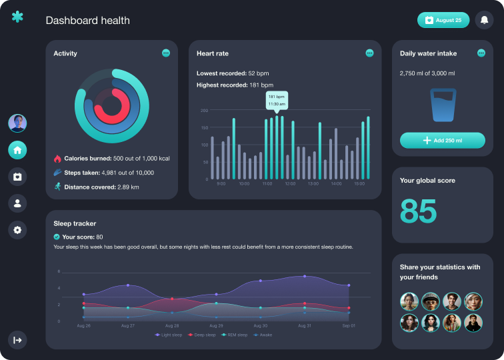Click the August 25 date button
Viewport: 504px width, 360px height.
pos(443,20)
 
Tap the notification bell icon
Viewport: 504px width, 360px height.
pos(485,20)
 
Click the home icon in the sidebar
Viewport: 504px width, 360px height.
pos(17,150)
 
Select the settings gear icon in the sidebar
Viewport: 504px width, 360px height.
pos(17,230)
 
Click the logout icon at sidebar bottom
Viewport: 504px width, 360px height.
pos(17,340)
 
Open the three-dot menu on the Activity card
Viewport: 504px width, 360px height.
pos(166,53)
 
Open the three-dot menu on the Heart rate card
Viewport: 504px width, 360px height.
pos(369,53)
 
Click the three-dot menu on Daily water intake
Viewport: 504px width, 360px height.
pos(481,53)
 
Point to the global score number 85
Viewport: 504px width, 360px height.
pos(418,211)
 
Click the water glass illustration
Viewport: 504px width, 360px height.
pos(443,105)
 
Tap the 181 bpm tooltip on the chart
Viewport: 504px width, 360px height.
pos(277,100)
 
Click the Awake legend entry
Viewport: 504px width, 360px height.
pos(263,335)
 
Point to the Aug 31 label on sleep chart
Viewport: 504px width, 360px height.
pos(305,326)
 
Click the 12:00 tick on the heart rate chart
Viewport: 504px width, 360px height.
pos(290,183)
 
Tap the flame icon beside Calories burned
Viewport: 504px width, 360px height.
pos(57,159)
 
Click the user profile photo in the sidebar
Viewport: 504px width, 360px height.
pos(17,123)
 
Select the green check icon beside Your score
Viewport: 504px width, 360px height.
pos(57,237)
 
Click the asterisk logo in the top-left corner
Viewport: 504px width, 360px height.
pos(17,17)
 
